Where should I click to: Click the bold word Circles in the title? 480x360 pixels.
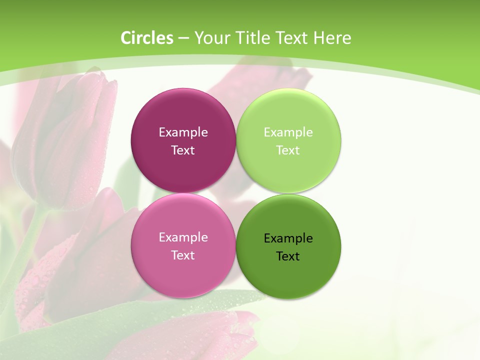coord(147,38)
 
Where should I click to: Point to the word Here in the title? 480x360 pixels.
coord(332,38)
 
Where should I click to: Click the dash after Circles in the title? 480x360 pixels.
coord(183,38)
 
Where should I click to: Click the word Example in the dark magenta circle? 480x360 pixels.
coord(183,132)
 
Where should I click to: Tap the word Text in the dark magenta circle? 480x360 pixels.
coord(183,150)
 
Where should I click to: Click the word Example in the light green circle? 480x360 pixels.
coord(288,132)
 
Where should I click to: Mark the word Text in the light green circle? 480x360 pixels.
coord(288,150)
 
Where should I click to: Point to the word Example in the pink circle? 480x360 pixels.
coord(183,237)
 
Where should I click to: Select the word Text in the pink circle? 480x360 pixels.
coord(183,255)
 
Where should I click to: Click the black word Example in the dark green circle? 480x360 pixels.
coord(288,238)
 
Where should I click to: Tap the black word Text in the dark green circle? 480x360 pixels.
coord(288,256)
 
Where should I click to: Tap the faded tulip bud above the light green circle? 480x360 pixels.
coord(265,75)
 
